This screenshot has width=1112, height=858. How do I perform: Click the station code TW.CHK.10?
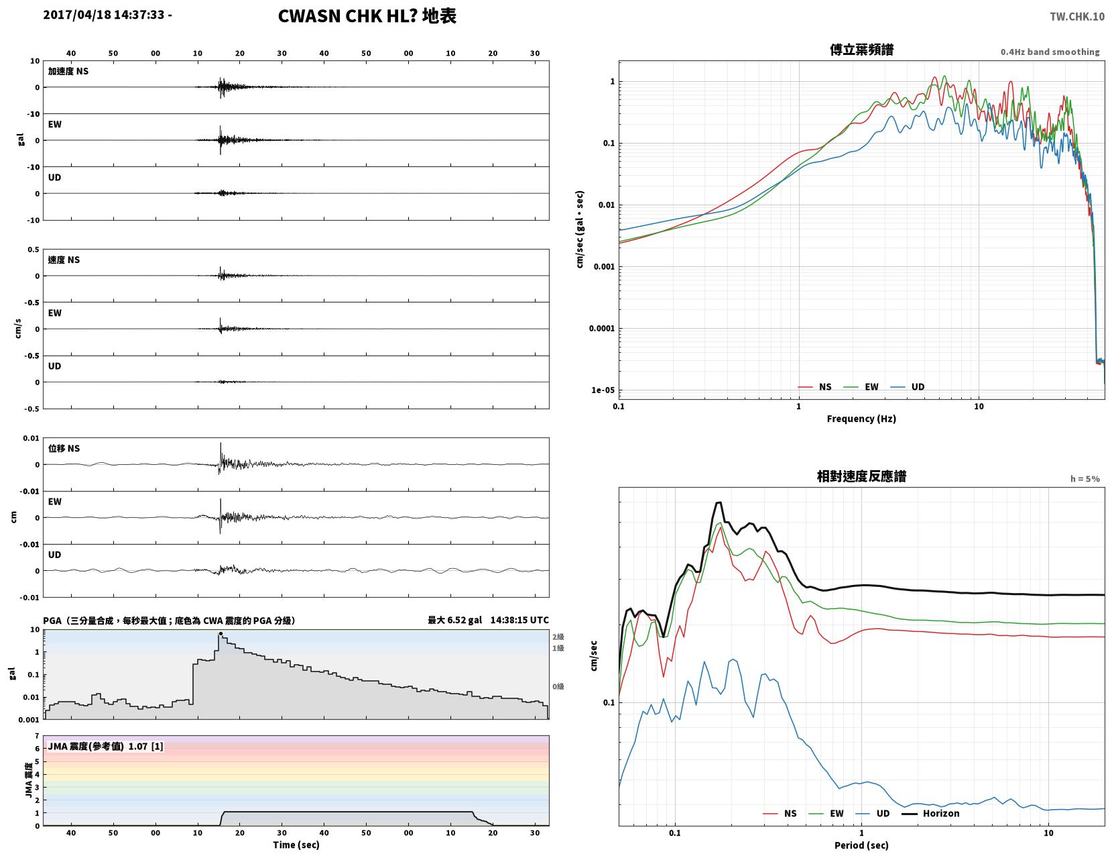click(x=1076, y=16)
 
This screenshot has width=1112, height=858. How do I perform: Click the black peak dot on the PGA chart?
click(x=221, y=633)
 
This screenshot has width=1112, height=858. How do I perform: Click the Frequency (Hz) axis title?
click(x=861, y=418)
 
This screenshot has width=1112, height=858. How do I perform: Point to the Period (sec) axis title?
click(x=861, y=845)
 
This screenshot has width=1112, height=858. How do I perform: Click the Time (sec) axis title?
click(x=296, y=845)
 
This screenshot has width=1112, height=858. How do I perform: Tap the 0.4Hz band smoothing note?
click(x=1050, y=52)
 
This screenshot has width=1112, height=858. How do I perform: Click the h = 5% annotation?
click(x=1085, y=479)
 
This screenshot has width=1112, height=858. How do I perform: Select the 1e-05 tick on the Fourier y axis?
click(x=603, y=390)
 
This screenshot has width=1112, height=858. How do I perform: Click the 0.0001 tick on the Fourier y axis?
click(x=601, y=328)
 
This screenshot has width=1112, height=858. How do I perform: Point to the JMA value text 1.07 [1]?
click(x=145, y=746)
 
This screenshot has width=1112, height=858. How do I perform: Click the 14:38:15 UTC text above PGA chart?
click(x=519, y=620)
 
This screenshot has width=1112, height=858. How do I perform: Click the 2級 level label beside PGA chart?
click(x=558, y=637)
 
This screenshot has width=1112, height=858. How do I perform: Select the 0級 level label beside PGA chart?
click(x=558, y=686)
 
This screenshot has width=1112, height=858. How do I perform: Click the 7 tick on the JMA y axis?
click(x=37, y=736)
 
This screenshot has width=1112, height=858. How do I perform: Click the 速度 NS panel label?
click(x=64, y=260)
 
